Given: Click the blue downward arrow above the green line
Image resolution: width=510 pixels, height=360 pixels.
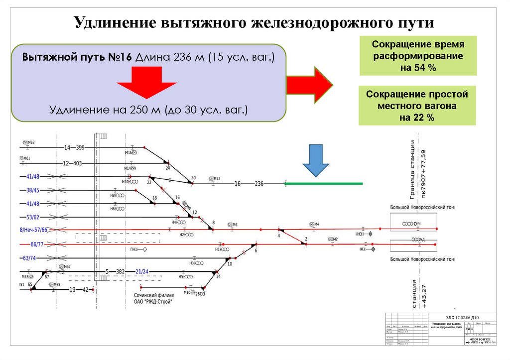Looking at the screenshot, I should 316,160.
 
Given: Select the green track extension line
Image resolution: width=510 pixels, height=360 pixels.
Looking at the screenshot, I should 324,184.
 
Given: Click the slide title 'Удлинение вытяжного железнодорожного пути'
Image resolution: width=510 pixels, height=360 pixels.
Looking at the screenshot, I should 255,23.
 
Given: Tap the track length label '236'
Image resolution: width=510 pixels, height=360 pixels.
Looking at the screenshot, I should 259,184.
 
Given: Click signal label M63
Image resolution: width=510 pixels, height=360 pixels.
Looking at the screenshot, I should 31,142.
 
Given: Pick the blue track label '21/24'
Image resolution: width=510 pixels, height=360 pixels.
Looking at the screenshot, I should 142,271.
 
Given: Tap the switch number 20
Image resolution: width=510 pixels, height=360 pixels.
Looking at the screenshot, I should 193,178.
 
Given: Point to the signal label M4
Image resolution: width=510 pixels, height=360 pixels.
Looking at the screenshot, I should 316,224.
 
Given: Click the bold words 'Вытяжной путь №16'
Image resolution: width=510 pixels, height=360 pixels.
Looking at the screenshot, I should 77,56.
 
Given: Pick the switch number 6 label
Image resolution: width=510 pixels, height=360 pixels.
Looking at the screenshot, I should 256,250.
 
